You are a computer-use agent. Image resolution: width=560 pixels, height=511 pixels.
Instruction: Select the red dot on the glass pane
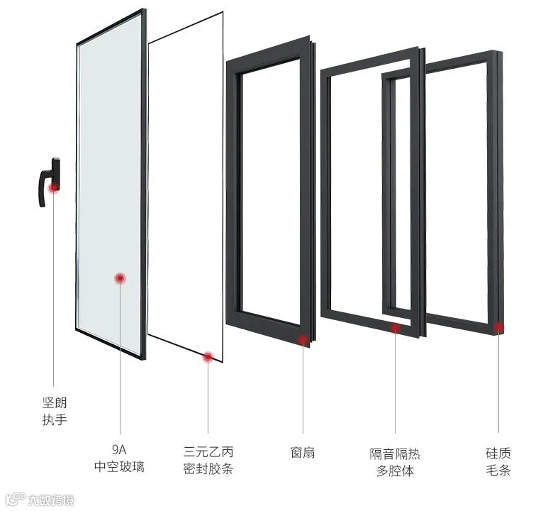[x=121, y=278]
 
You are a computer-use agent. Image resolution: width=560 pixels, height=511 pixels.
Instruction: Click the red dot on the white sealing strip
[x=208, y=358]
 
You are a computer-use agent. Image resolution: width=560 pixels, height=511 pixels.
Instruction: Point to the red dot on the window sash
[x=303, y=340]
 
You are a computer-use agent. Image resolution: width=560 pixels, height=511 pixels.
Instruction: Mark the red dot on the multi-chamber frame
[x=396, y=327]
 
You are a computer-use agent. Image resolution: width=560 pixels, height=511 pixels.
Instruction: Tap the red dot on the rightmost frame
[x=499, y=327]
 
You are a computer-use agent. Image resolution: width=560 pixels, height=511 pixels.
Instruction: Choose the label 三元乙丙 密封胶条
[x=208, y=461]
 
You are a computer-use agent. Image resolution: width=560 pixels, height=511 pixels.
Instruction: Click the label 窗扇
[x=303, y=452]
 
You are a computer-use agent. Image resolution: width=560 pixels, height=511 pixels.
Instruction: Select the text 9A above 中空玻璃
[x=118, y=450]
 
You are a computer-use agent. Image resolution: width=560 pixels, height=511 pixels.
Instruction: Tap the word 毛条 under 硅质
[x=498, y=470]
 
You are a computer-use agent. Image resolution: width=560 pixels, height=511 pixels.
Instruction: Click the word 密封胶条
[x=208, y=469]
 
